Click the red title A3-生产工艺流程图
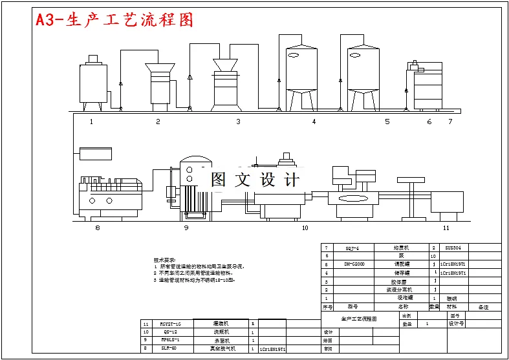114,20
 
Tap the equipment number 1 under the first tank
91,122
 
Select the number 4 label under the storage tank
314,122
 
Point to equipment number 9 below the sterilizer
186,228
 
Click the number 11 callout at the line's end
446,228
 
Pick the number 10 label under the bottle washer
305,228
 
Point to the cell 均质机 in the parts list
402,248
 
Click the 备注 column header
484,307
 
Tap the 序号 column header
327,307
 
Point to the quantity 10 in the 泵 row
433,256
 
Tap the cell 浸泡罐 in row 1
402,298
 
